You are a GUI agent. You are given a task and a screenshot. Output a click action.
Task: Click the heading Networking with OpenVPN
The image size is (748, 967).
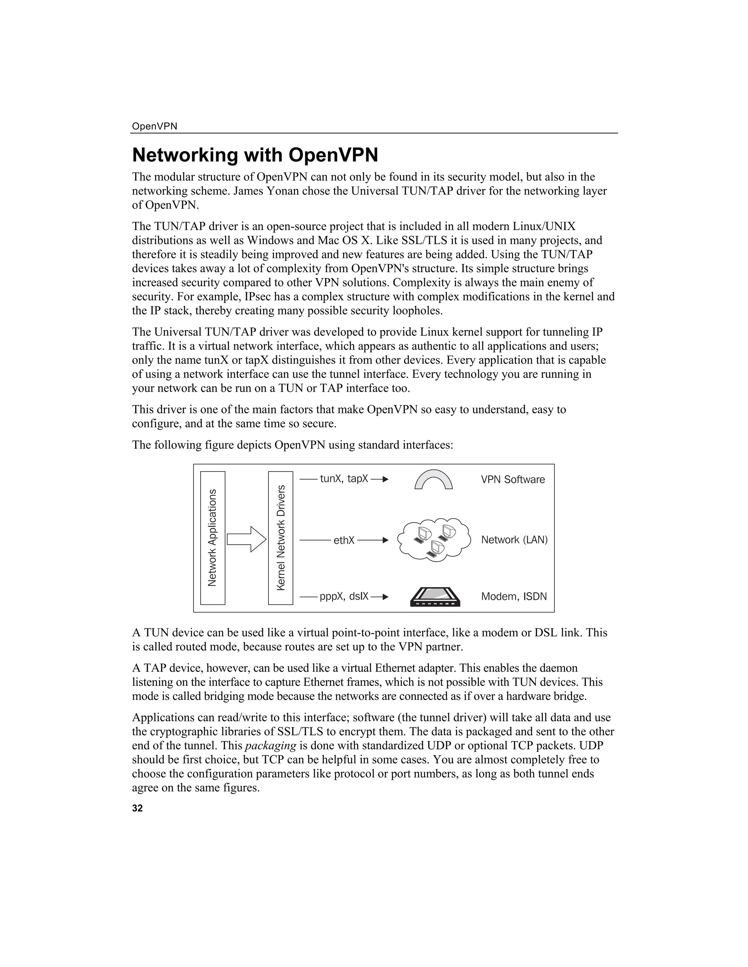point(255,155)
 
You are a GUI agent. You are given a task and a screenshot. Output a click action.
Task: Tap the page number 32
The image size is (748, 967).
point(137,808)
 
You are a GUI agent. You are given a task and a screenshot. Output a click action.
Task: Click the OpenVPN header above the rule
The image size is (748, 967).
point(154,126)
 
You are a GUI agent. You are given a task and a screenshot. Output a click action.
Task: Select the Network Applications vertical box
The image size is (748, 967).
point(213,538)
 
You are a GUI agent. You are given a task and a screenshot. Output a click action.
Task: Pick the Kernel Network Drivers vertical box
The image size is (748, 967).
point(280,538)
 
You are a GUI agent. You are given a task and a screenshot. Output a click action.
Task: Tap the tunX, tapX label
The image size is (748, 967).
point(344,479)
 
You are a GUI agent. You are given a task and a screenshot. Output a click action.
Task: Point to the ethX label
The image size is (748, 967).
point(344,540)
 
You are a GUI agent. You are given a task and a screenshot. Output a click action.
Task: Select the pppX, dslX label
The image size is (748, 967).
point(344,596)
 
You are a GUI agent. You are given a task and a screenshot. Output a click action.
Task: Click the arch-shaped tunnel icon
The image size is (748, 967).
point(434,479)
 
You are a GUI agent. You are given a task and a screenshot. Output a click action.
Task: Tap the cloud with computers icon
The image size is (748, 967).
point(434,540)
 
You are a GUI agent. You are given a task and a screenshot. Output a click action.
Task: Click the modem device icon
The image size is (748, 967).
point(435,597)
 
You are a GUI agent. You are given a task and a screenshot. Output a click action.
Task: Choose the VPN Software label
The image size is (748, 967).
point(513,479)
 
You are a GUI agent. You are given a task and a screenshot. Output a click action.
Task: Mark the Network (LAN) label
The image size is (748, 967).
point(514,540)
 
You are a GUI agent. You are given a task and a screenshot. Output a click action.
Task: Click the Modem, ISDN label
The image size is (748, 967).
point(514,596)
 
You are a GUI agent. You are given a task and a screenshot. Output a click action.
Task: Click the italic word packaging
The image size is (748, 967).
point(270,746)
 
